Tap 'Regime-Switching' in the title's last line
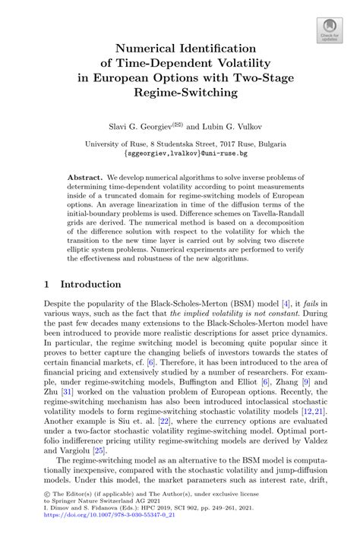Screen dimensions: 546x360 pos(180,93)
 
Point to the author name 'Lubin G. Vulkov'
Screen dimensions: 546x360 pos(228,122)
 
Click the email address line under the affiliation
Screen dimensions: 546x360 pos(180,153)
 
